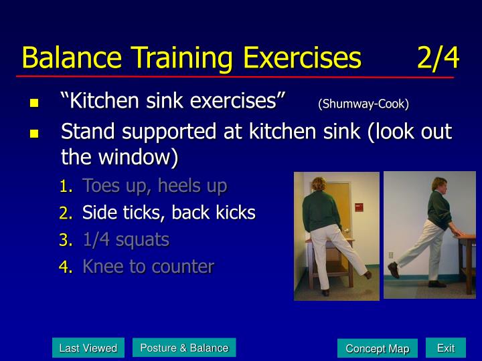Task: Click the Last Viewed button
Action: click(88, 348)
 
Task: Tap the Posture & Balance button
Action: click(184, 348)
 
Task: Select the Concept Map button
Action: click(378, 348)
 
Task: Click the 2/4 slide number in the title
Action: click(438, 57)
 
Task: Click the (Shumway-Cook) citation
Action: click(364, 104)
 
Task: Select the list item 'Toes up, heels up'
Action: click(155, 186)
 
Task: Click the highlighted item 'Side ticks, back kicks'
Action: click(169, 213)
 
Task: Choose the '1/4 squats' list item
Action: click(126, 239)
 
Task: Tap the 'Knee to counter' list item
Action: click(148, 266)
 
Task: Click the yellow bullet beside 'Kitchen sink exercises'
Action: click(34, 102)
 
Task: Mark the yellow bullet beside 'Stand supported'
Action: click(34, 134)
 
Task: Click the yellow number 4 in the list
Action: click(66, 267)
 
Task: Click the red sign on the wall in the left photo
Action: click(359, 207)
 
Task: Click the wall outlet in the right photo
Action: click(391, 255)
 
